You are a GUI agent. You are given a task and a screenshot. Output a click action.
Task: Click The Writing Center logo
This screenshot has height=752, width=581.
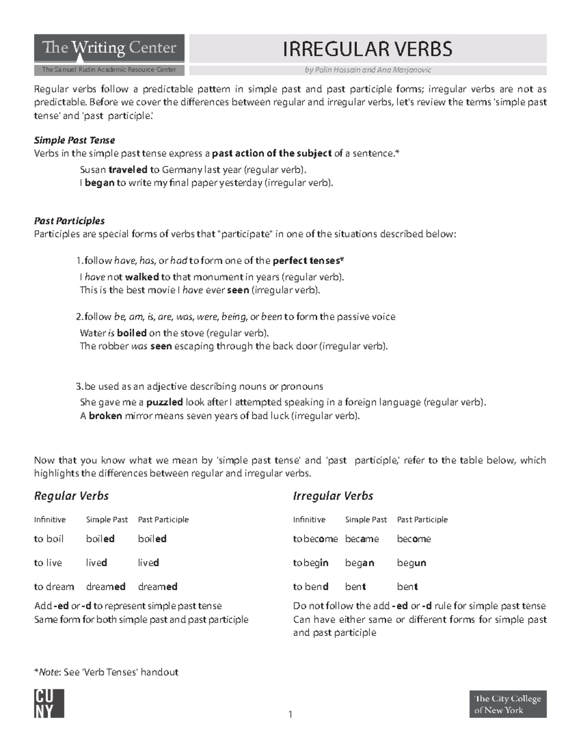(109, 48)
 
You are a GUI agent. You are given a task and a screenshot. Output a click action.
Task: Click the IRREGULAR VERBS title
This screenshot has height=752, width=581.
(367, 49)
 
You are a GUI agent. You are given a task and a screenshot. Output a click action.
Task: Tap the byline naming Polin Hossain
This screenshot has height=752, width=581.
(368, 70)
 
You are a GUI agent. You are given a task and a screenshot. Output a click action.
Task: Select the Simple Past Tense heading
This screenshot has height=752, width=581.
(74, 140)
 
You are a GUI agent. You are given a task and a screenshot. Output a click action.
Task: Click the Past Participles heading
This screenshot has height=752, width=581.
(69, 221)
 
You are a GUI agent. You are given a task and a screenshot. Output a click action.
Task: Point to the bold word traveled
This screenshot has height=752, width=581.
(128, 170)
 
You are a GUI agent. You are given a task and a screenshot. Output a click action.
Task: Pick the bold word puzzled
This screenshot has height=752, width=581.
(165, 402)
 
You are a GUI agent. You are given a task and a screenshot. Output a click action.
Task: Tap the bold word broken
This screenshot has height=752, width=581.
(105, 415)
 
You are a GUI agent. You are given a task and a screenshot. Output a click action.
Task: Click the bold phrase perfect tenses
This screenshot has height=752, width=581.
(307, 261)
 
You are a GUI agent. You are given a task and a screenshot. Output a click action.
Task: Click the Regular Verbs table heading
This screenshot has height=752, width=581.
(71, 496)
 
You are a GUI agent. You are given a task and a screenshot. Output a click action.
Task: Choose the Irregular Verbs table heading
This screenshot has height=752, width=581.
(333, 496)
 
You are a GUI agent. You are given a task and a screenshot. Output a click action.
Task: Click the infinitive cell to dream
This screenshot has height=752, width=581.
(54, 587)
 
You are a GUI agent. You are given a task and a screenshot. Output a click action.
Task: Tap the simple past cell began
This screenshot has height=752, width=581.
(359, 563)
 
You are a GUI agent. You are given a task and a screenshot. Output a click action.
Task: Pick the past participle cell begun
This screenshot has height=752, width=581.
(412, 563)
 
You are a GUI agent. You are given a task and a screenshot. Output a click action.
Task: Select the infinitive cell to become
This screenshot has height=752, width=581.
(315, 539)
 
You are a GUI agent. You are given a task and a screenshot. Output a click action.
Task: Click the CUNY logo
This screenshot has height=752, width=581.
(49, 704)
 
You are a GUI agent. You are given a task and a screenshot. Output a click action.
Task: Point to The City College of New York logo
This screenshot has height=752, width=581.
(508, 704)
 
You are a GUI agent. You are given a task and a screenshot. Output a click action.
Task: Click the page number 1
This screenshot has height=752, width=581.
(290, 714)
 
